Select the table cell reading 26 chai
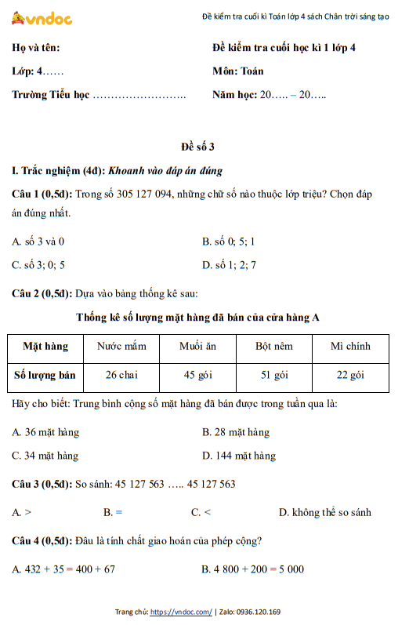pyautogui.click(x=121, y=375)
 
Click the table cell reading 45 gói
pyautogui.click(x=197, y=375)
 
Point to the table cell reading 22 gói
pyautogui.click(x=350, y=375)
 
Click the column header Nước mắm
pyautogui.click(x=121, y=346)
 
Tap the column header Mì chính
pyautogui.click(x=350, y=346)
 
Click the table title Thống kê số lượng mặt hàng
pyautogui.click(x=197, y=318)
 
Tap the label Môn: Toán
pyautogui.click(x=237, y=71)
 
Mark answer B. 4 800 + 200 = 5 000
pyautogui.click(x=253, y=569)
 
